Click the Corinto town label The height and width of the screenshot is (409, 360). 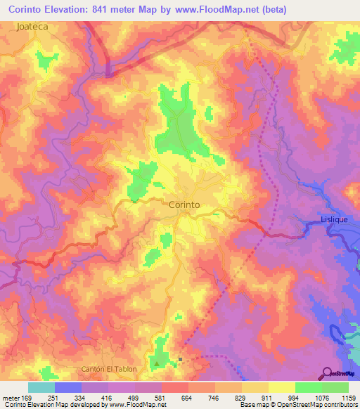click(x=185, y=205)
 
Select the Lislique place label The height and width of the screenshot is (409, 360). click(x=334, y=219)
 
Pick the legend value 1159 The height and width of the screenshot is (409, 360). click(x=348, y=398)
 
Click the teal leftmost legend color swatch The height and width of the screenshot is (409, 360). click(x=41, y=387)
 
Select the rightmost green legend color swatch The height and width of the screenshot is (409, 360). click(x=335, y=387)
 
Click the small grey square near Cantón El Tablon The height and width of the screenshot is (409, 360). click(x=181, y=360)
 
